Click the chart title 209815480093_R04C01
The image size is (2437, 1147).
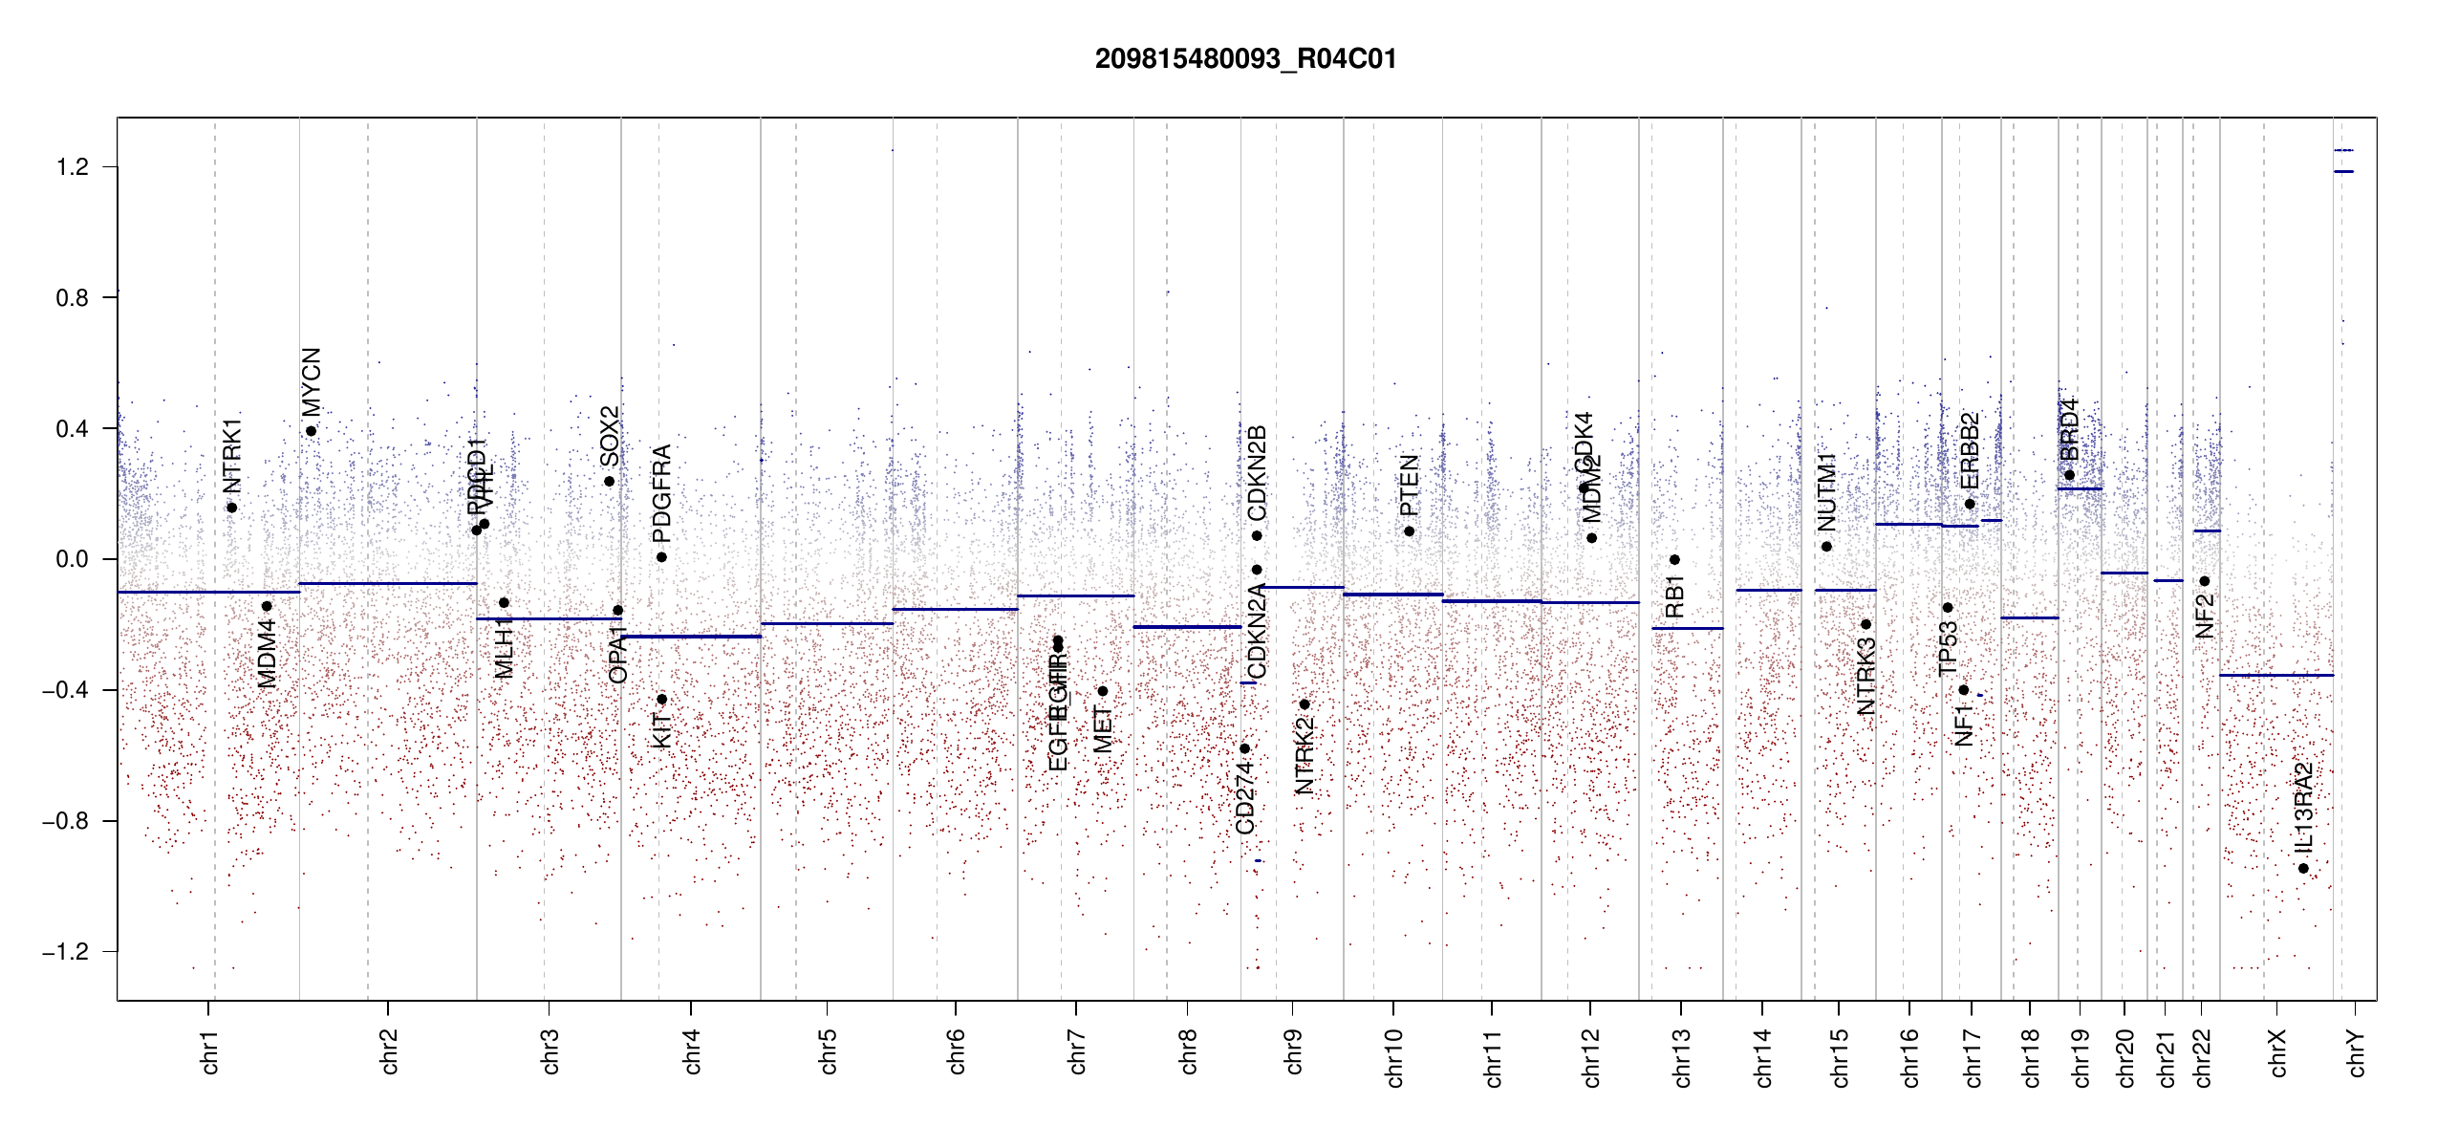1245,59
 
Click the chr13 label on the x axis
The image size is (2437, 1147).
1682,1057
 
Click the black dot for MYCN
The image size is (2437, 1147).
311,431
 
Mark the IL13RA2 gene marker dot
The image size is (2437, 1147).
2303,869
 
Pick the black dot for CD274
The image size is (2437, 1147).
1244,748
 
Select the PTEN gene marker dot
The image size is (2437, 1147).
1409,531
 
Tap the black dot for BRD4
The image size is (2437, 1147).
2069,475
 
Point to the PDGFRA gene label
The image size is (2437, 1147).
661,493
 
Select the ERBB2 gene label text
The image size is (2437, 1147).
1970,450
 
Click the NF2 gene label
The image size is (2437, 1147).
2204,617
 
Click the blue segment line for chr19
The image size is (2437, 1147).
2080,489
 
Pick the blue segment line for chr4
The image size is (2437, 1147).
691,637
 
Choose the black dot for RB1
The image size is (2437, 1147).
1674,560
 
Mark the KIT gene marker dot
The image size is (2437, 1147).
661,700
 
